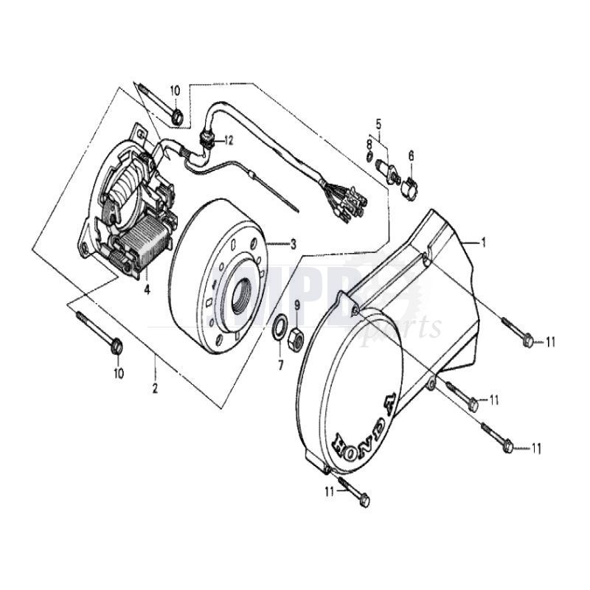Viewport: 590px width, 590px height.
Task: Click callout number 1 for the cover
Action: pyautogui.click(x=484, y=242)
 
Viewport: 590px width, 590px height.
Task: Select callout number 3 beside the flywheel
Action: pyautogui.click(x=293, y=244)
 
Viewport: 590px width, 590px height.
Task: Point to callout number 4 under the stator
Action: pyautogui.click(x=147, y=289)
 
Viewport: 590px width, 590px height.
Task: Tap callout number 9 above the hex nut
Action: pyautogui.click(x=297, y=305)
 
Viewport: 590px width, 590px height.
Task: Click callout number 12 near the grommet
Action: pyautogui.click(x=229, y=139)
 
